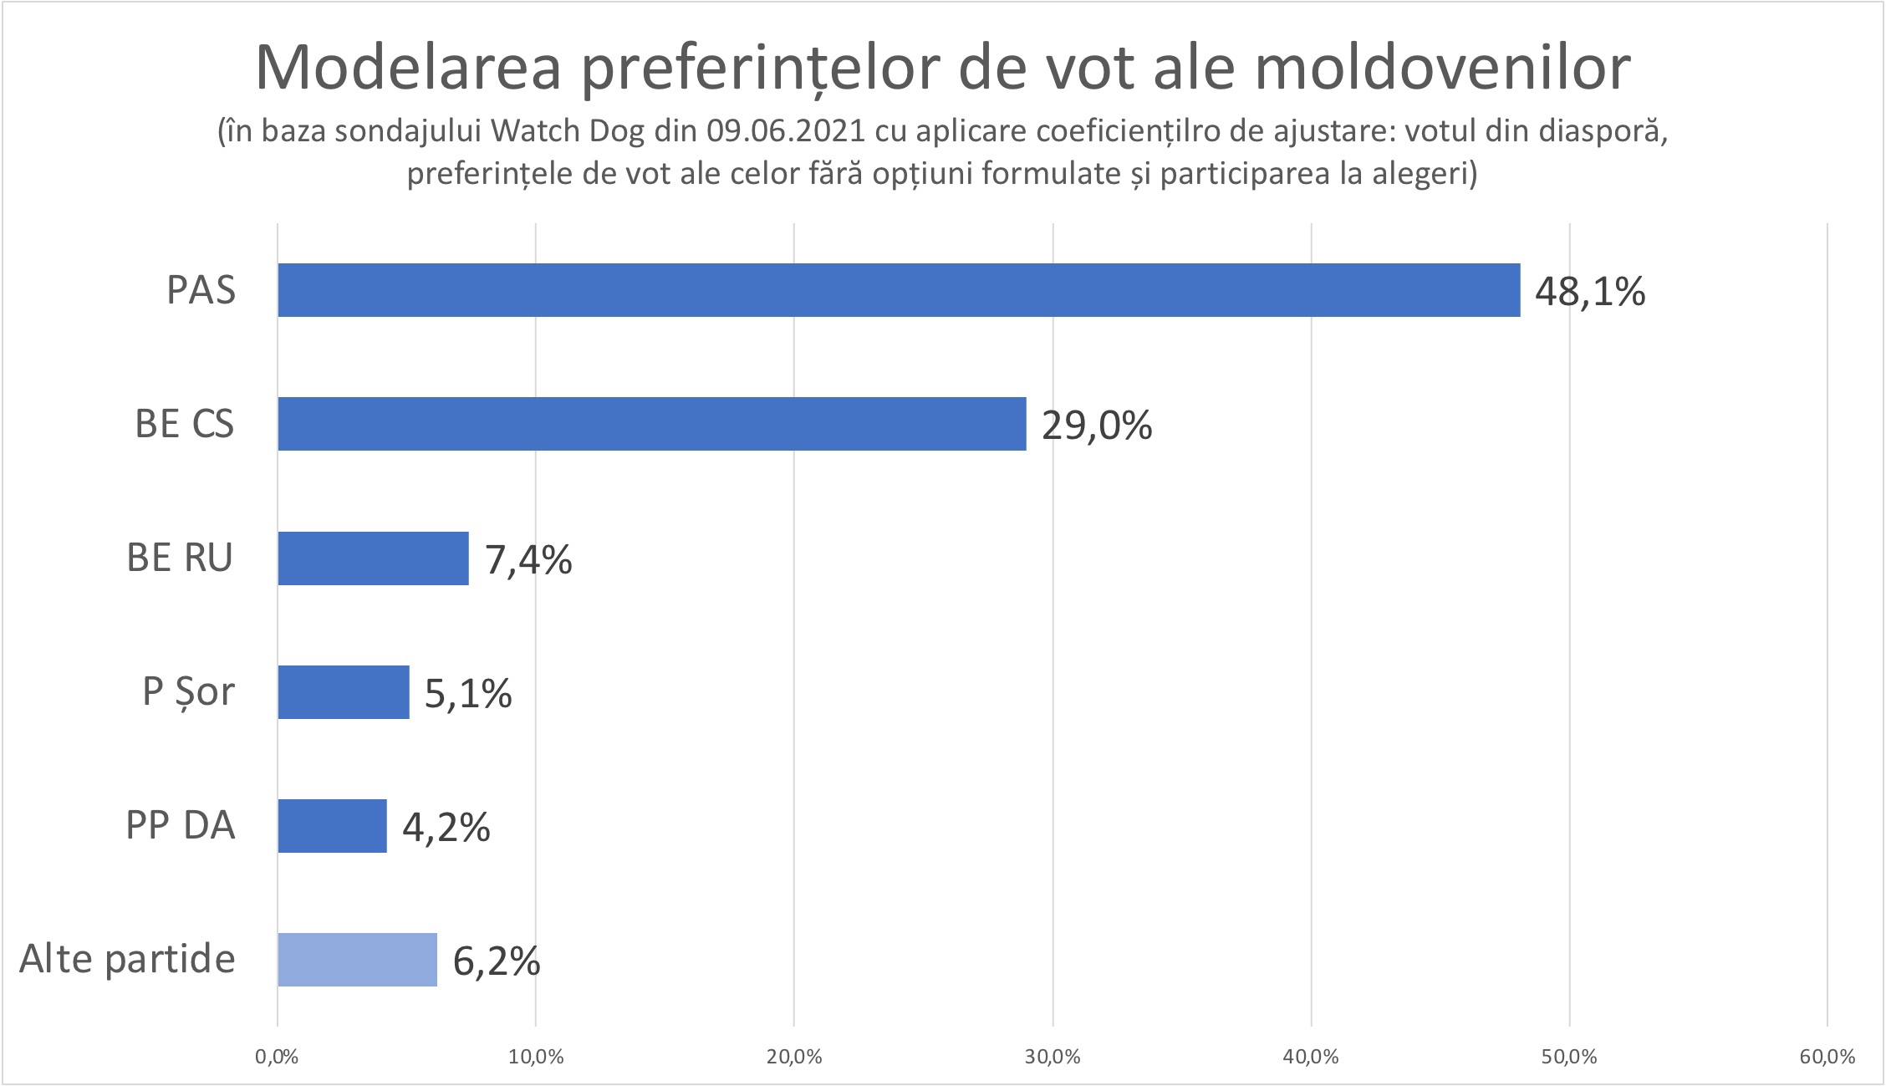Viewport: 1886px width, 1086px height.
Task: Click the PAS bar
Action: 899,290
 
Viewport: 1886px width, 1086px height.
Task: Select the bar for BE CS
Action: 652,424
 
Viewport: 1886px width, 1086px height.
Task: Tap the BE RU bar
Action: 373,558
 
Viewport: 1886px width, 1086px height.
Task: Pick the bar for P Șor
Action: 344,692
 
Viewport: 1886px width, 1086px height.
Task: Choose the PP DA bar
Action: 332,826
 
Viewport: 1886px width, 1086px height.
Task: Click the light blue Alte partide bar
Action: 357,960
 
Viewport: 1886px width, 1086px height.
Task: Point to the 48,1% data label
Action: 1589,293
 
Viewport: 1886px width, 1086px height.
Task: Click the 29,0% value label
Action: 1096,426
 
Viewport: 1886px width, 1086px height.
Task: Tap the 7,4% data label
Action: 528,560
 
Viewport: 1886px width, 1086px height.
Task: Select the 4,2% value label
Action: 446,828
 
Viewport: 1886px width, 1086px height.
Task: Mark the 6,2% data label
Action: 496,962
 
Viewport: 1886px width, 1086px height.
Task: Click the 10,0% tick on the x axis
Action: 535,1057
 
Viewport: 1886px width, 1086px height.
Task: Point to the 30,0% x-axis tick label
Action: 1053,1057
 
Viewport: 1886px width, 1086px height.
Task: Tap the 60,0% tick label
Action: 1827,1057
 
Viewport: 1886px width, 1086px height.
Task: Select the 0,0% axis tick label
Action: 277,1057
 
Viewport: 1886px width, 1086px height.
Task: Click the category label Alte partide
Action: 127,959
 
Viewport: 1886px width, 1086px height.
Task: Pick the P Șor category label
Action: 188,692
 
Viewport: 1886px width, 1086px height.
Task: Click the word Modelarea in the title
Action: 408,67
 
